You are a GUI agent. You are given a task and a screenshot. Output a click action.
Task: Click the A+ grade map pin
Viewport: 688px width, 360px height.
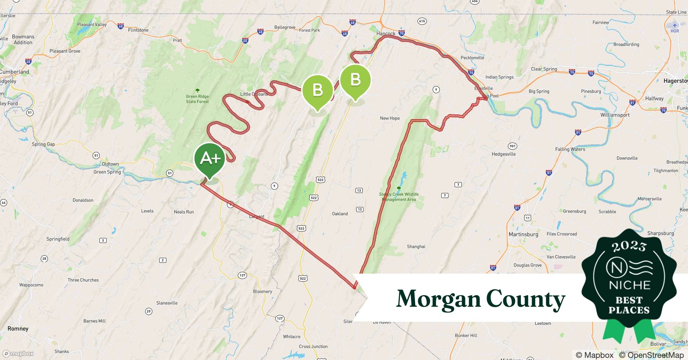click(210, 158)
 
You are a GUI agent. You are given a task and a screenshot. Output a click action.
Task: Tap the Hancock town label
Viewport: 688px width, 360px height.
click(386, 34)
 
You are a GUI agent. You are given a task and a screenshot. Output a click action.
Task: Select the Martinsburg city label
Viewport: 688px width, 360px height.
click(523, 234)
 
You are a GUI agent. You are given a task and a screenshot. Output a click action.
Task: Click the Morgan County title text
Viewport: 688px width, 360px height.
click(481, 299)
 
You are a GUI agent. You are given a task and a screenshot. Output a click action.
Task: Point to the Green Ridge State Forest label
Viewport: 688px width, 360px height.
click(197, 99)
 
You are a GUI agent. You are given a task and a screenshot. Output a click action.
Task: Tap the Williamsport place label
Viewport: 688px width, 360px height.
click(615, 115)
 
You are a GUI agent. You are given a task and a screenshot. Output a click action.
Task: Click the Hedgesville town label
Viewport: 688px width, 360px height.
click(504, 154)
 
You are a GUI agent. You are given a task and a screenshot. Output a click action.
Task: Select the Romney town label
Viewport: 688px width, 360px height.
click(18, 329)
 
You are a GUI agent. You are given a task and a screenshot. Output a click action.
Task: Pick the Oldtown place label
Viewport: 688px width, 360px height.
click(110, 164)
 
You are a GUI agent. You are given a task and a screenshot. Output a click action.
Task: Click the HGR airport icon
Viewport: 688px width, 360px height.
click(675, 25)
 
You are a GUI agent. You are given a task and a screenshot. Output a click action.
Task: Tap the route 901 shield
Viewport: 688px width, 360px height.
click(512, 146)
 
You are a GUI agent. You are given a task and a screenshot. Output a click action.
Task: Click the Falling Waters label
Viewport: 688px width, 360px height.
click(570, 149)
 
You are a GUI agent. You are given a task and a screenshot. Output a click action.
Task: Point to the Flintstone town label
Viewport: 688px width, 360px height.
click(138, 30)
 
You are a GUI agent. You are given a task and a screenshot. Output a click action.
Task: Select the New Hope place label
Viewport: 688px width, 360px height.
click(390, 118)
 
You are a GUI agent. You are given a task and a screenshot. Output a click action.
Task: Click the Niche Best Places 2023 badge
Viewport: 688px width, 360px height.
click(629, 281)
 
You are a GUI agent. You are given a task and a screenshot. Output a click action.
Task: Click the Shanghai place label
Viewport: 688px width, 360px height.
click(416, 247)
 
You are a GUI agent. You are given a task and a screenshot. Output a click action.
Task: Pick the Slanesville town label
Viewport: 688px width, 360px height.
click(167, 303)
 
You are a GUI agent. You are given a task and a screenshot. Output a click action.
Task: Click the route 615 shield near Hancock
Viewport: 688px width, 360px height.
click(422, 21)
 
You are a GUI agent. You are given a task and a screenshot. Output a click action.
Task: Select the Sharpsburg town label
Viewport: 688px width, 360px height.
click(660, 233)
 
